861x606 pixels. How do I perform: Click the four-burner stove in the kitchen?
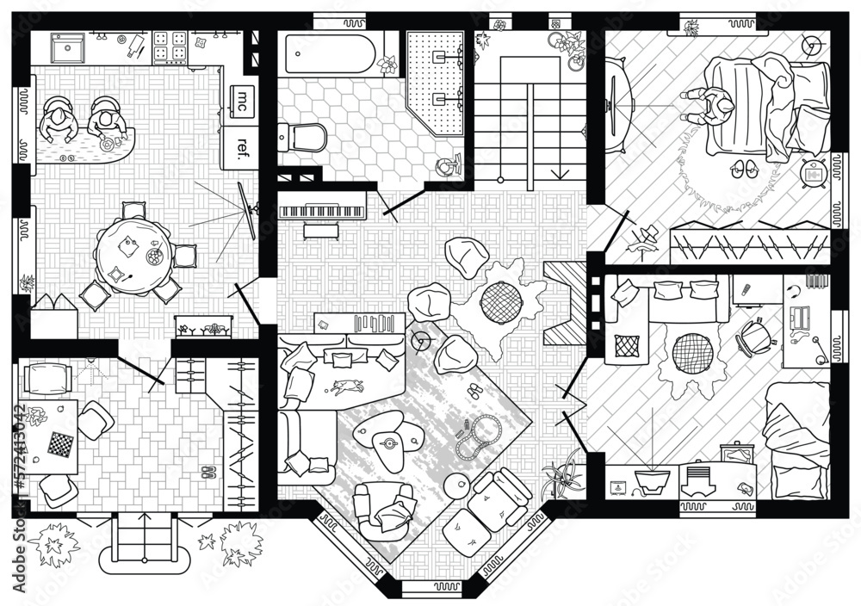click(x=170, y=47)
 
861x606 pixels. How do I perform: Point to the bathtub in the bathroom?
click(x=331, y=53)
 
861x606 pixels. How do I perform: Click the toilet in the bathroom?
click(x=306, y=137)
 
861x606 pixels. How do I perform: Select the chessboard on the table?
click(x=59, y=445)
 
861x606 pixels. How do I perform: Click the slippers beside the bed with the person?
click(x=741, y=169)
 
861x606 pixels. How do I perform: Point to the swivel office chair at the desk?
click(x=753, y=337)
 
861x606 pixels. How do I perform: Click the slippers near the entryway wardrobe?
click(x=208, y=472)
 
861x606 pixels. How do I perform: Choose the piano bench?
click(x=321, y=230)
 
